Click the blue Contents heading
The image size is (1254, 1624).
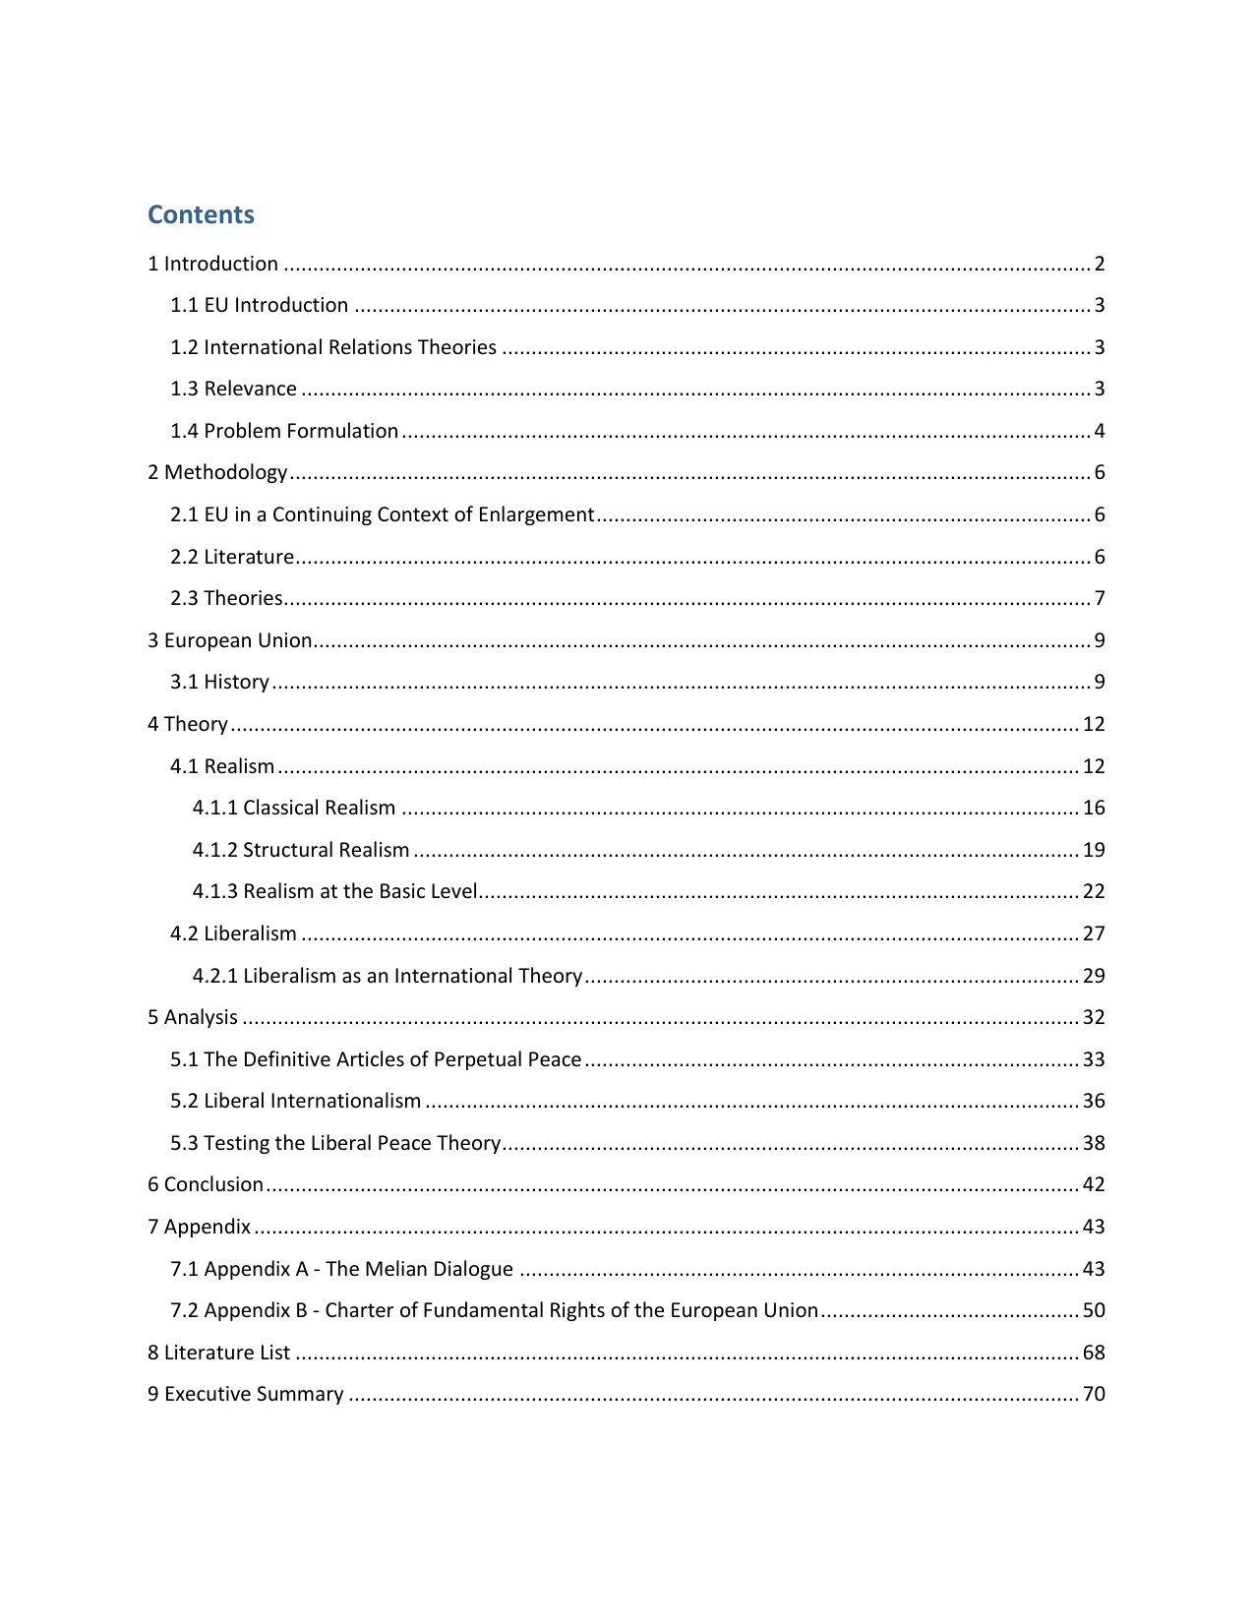pyautogui.click(x=201, y=214)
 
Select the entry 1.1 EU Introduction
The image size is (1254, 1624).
pyautogui.click(x=259, y=305)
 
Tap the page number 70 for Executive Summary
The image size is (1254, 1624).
pyautogui.click(x=1094, y=1394)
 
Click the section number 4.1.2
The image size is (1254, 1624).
pyautogui.click(x=214, y=850)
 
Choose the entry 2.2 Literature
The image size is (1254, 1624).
pyautogui.click(x=232, y=557)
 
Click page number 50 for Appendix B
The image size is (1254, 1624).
pyautogui.click(x=1094, y=1310)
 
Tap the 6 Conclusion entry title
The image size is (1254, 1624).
pyautogui.click(x=206, y=1184)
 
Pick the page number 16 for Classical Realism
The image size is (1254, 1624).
pyautogui.click(x=1094, y=808)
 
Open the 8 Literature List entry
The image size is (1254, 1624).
pyautogui.click(x=218, y=1353)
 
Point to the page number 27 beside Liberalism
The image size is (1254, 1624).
pyautogui.click(x=1094, y=933)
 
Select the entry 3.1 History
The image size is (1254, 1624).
pyautogui.click(x=219, y=682)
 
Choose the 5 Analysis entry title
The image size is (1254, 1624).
pyautogui.click(x=193, y=1017)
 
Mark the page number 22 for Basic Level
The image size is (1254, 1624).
pyautogui.click(x=1094, y=891)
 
